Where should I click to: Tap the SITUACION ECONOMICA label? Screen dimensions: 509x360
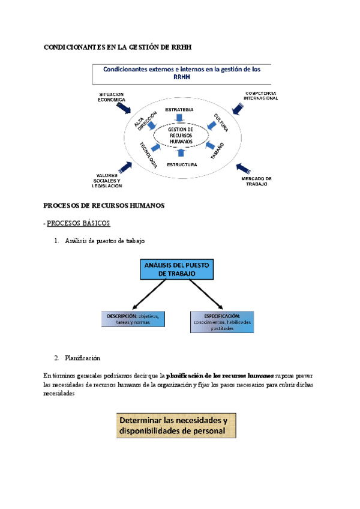111,97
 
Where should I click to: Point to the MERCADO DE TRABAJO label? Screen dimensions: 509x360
257,182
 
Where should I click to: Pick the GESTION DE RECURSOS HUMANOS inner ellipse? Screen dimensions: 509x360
181,135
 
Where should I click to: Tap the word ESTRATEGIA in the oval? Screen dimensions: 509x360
179,109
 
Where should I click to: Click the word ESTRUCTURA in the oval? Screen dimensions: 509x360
182,164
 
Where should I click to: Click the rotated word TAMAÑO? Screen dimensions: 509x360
217,151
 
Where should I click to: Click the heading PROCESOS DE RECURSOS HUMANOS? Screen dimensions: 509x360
104,206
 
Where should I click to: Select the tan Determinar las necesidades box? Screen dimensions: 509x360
176,425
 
